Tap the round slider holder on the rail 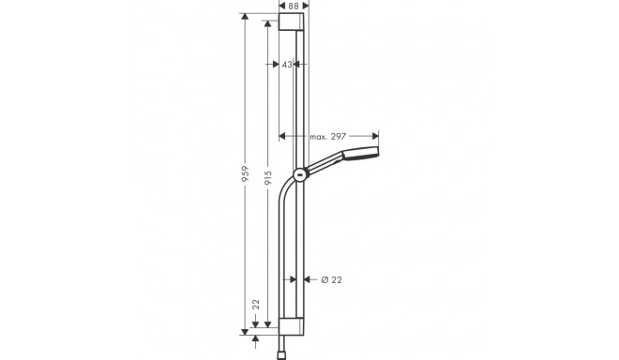(x=299, y=173)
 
